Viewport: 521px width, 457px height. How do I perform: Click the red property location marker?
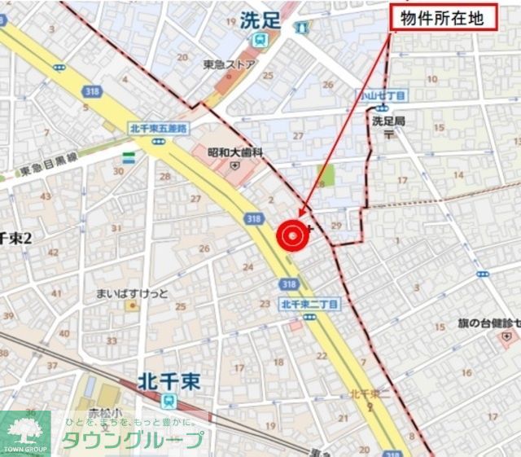(x=292, y=235)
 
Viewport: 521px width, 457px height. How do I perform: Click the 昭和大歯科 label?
(x=235, y=152)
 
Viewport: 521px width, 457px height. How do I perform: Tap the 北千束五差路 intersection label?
(x=158, y=128)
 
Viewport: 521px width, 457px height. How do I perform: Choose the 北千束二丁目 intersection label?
(x=309, y=304)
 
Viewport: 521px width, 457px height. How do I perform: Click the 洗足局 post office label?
(x=388, y=121)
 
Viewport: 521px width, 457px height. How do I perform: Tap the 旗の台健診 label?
(x=488, y=323)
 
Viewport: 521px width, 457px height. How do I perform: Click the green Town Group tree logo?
(x=24, y=433)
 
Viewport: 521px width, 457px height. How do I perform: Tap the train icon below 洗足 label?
(x=260, y=39)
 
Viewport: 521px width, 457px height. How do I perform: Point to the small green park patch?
(x=326, y=174)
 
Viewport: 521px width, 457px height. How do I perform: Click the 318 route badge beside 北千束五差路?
(x=92, y=92)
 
